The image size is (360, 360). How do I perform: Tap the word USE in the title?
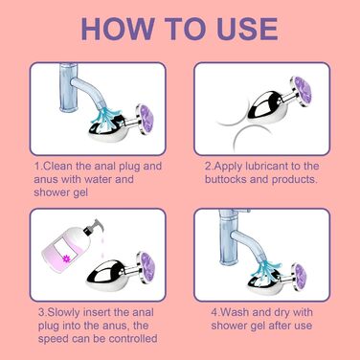(247, 29)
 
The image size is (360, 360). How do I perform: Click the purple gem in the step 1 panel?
(146, 119)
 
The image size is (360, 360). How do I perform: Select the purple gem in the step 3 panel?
(146, 265)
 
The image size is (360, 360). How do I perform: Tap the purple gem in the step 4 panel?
(302, 277)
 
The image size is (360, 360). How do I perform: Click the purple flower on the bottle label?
(67, 258)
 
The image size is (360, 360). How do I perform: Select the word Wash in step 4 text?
(235, 312)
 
